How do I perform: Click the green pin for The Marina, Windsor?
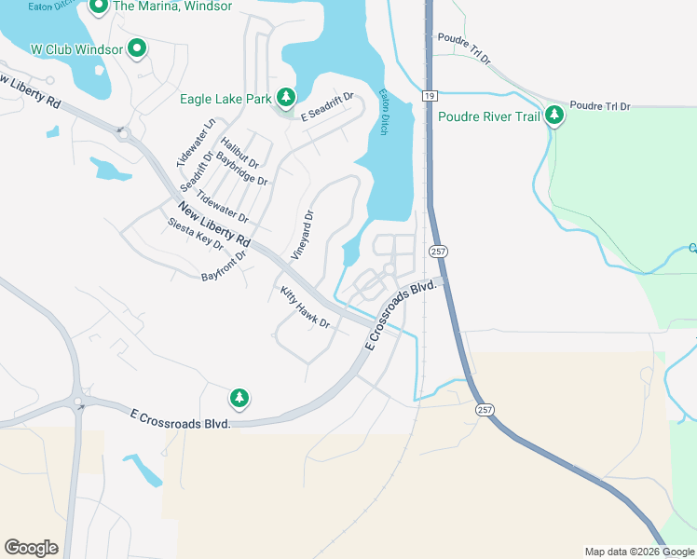[x=99, y=8]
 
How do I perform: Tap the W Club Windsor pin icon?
[x=138, y=48]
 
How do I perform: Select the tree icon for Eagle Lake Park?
[x=285, y=98]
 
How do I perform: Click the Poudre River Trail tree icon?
[x=555, y=116]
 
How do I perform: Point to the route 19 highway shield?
[x=429, y=96]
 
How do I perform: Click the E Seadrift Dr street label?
[x=327, y=107]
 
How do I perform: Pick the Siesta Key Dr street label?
[x=197, y=234]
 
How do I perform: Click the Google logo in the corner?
[x=31, y=548]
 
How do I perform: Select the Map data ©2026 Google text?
[x=639, y=552]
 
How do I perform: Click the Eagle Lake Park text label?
[x=225, y=99]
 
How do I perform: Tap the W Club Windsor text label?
[x=76, y=48]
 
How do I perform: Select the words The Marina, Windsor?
[x=172, y=7]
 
